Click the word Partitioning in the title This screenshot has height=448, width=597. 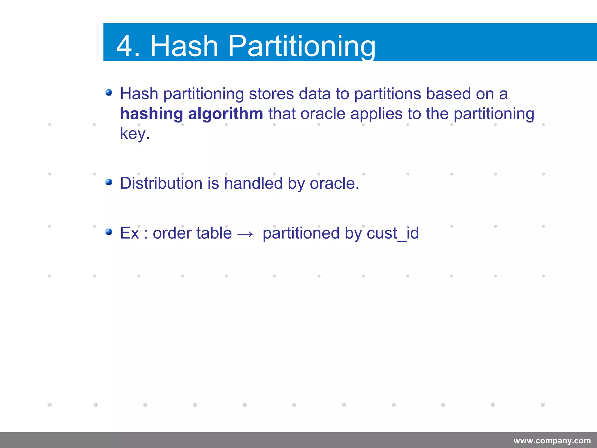coord(301,46)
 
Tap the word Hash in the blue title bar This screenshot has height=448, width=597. coord(184,46)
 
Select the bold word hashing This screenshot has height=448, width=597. coord(152,114)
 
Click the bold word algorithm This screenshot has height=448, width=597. coord(225,114)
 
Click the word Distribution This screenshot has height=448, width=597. coord(161,183)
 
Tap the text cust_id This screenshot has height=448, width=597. coord(393,233)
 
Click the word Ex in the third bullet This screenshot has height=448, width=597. coord(129,233)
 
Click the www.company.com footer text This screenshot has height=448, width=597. coord(552,440)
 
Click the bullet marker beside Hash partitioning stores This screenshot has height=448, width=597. coord(109,93)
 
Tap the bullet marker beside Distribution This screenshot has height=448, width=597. coord(109,182)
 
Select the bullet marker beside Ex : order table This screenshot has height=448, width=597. coord(109,232)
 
